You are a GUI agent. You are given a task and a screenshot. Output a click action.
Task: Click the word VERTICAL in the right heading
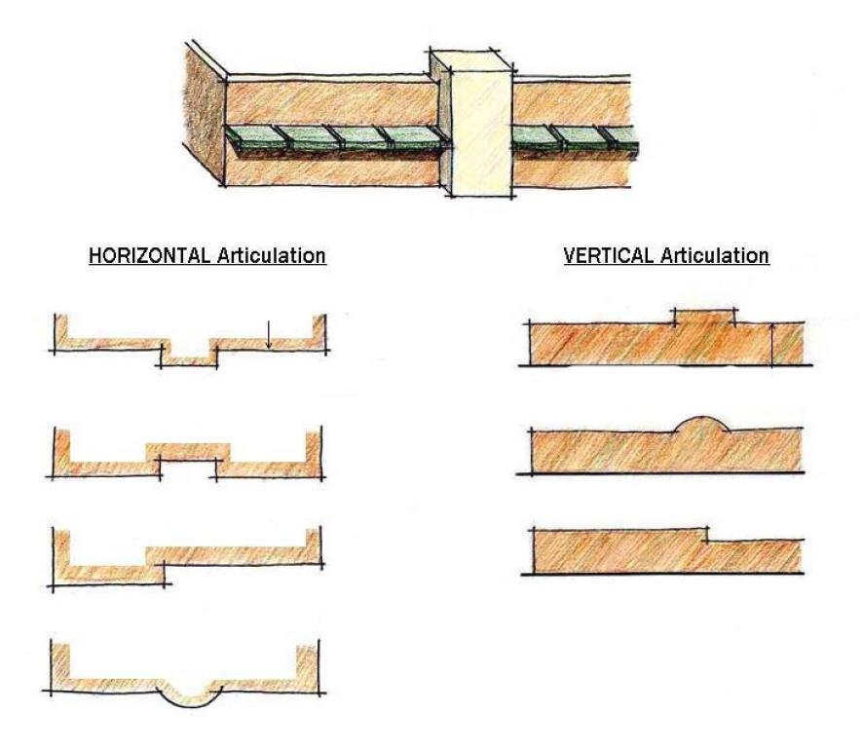(609, 256)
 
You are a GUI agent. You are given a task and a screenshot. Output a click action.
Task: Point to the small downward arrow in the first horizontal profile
(269, 335)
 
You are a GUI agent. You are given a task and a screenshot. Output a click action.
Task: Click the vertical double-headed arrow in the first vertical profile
(772, 346)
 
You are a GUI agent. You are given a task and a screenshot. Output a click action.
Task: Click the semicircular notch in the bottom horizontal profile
(189, 695)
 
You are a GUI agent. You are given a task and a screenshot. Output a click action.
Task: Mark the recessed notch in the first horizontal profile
(188, 355)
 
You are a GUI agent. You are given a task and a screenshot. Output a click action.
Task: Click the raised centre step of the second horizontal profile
(188, 452)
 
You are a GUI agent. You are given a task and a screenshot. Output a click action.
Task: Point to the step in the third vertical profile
(705, 535)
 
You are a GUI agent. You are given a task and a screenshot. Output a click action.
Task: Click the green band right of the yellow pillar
(575, 141)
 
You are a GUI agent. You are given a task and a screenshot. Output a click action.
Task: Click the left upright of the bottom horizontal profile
(61, 664)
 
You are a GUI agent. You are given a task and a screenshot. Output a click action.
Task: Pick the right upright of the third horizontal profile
(315, 545)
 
